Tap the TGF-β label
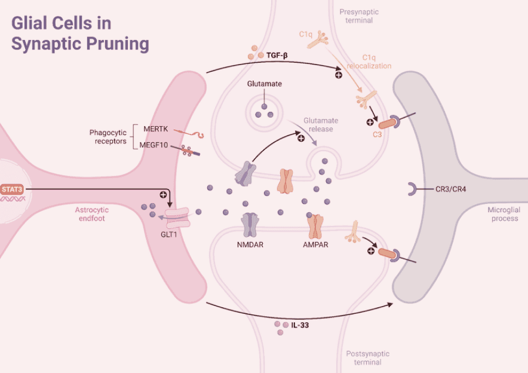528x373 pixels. coord(277,55)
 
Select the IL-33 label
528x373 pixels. coord(300,326)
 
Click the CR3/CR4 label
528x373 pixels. coord(450,189)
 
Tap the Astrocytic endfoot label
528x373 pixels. coord(96,214)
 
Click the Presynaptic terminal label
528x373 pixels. coord(356,16)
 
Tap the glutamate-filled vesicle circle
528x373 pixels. coord(263,112)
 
